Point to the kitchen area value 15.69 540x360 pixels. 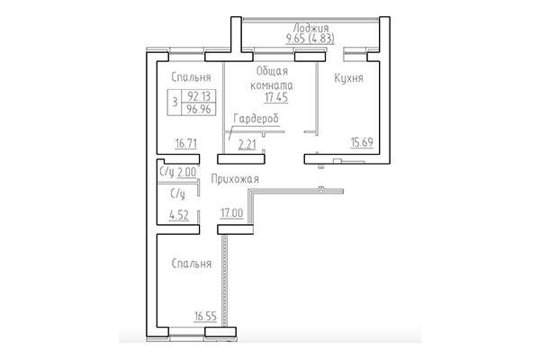tap(363, 142)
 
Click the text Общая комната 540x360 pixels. tap(272, 78)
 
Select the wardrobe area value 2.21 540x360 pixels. tap(247, 142)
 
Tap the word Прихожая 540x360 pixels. tap(235, 180)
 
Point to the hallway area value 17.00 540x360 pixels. tap(233, 214)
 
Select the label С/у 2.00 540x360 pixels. tap(177, 172)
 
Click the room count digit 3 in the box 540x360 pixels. tap(174, 101)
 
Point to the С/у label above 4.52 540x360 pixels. tap(177, 193)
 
